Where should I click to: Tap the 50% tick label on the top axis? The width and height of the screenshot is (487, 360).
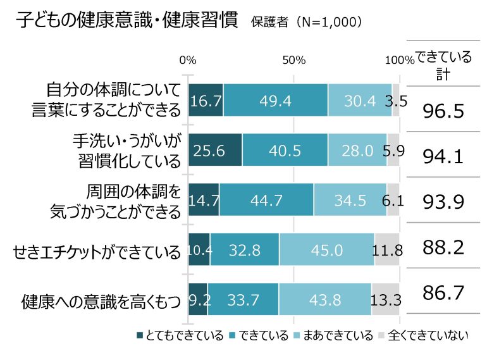[x=294, y=60]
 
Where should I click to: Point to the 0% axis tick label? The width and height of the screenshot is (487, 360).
[x=188, y=60]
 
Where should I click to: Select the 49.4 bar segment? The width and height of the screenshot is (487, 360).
[x=275, y=100]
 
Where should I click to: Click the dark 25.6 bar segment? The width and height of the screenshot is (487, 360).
[x=215, y=150]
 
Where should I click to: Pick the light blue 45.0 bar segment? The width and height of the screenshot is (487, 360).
[x=326, y=250]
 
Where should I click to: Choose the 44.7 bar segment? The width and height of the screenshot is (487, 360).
[x=266, y=200]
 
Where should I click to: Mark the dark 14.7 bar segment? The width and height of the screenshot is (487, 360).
[x=204, y=200]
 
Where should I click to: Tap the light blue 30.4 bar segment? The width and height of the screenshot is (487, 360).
[x=359, y=100]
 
